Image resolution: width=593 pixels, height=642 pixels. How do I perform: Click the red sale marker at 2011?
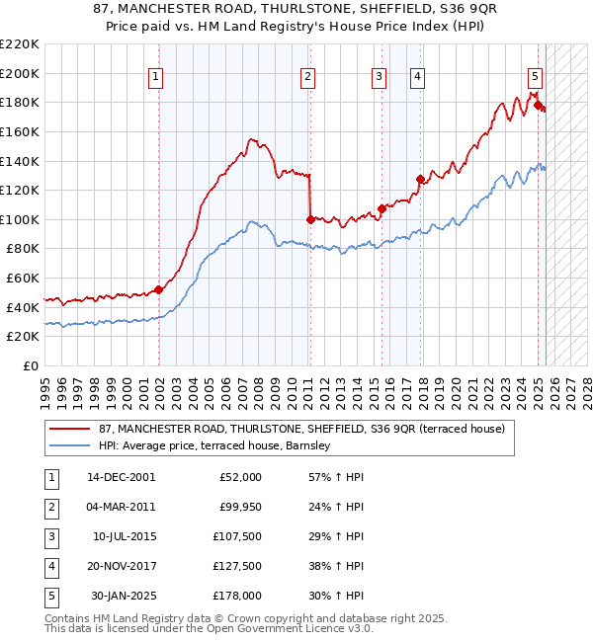point(310,219)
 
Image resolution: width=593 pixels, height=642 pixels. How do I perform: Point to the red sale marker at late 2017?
point(420,179)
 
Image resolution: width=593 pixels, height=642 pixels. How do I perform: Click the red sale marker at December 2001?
point(158,289)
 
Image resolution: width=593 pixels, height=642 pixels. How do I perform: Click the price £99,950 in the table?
point(240,508)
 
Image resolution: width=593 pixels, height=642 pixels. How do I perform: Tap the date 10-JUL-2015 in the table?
point(124,537)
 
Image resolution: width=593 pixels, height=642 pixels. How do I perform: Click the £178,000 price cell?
point(238,596)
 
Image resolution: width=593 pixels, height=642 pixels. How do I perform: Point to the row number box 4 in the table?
point(49,567)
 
